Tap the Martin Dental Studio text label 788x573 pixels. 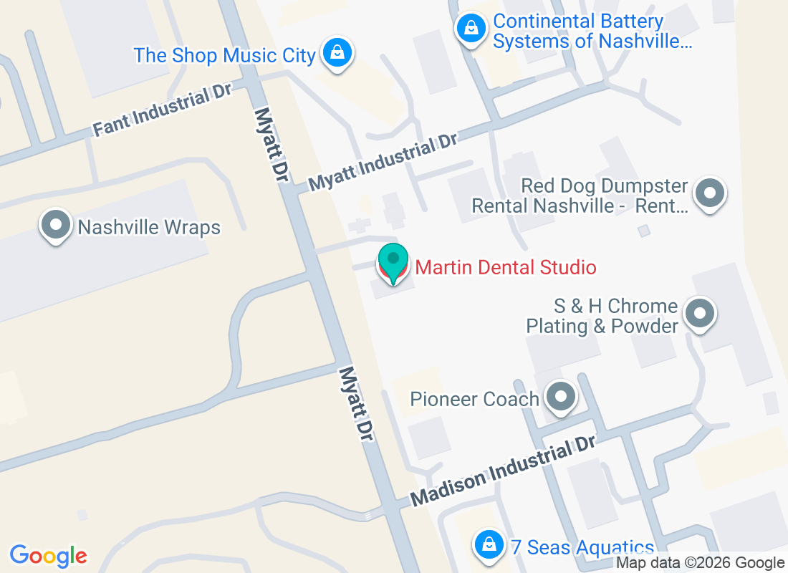(x=506, y=268)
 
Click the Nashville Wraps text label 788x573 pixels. (x=149, y=228)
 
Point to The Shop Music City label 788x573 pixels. (x=224, y=55)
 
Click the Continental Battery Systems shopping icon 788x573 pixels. (x=471, y=29)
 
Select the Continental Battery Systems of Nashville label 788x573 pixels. (x=592, y=32)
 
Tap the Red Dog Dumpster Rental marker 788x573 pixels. (x=710, y=193)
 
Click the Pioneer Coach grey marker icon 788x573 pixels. (x=561, y=396)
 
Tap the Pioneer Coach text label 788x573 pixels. (x=474, y=399)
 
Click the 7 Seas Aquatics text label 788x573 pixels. (x=582, y=548)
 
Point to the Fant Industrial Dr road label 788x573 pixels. (x=163, y=112)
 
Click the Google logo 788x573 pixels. (x=49, y=556)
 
